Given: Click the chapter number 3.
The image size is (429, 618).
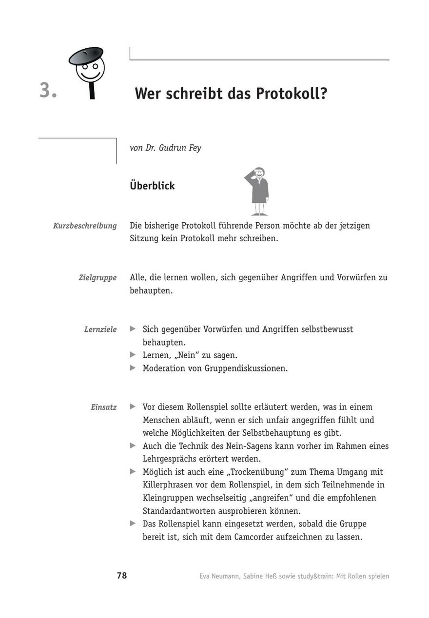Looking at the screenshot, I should coord(48,91).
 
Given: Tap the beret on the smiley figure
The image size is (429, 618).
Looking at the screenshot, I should coord(86,56).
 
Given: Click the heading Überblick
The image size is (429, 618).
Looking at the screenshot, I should coord(152,186).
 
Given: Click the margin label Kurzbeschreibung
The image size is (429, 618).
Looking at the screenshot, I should coord(85,226).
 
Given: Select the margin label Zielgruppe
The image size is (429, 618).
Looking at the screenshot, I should coord(97,278).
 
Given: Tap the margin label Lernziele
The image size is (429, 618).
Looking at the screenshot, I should coord(100,329).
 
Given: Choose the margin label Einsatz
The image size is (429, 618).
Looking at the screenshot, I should coord(103,407).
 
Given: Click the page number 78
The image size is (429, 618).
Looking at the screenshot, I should coord(122,576).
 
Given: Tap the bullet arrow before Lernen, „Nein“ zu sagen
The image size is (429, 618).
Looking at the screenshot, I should coord(133,355).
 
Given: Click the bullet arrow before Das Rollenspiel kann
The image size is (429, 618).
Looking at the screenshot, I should coord(133,523).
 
